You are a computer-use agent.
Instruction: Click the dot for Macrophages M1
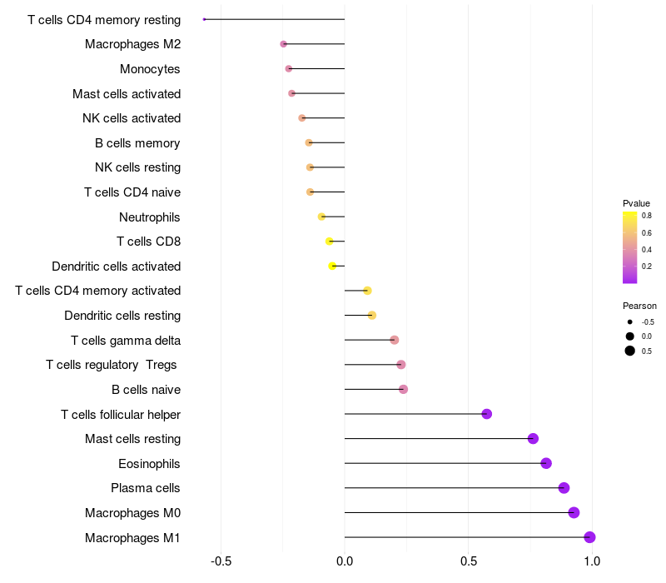pyautogui.click(x=589, y=537)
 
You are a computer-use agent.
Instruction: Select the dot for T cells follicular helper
pyautogui.click(x=487, y=414)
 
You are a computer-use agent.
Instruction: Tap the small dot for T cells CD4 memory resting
pyautogui.click(x=204, y=19)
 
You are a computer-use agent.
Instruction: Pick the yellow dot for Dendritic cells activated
pyautogui.click(x=332, y=266)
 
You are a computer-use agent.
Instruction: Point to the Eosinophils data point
pyautogui.click(x=546, y=463)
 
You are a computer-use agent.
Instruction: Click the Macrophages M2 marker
pyautogui.click(x=284, y=43)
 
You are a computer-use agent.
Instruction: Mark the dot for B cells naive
pyautogui.click(x=404, y=389)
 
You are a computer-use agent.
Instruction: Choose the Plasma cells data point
pyautogui.click(x=564, y=488)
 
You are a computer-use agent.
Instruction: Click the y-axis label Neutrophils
pyautogui.click(x=150, y=217)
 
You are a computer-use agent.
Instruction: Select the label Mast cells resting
pyautogui.click(x=132, y=439)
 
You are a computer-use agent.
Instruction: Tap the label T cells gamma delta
pyautogui.click(x=126, y=341)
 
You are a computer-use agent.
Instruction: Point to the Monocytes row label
pyautogui.click(x=150, y=69)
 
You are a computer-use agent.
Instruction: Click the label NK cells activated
pyautogui.click(x=132, y=118)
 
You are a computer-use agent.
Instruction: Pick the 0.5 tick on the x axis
pyautogui.click(x=469, y=561)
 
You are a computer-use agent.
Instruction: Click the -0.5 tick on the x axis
pyautogui.click(x=221, y=561)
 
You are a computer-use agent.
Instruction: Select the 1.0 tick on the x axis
pyautogui.click(x=592, y=561)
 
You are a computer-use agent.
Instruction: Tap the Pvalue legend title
pyautogui.click(x=636, y=203)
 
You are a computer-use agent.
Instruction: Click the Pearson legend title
pyautogui.click(x=639, y=306)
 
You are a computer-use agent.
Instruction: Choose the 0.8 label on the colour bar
pyautogui.click(x=646, y=215)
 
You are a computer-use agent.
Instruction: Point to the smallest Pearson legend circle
pyautogui.click(x=630, y=321)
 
